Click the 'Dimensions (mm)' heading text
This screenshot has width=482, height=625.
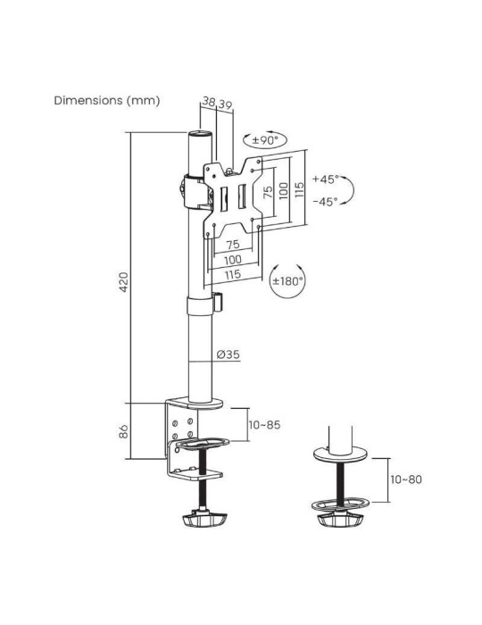[106, 100]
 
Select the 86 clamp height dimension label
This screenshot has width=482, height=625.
[125, 431]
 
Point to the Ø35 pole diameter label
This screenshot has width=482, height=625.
[229, 355]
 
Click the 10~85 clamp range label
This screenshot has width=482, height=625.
[265, 425]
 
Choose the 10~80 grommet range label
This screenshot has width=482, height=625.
[406, 479]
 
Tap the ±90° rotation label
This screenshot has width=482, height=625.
[264, 140]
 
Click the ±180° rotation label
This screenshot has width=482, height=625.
[287, 280]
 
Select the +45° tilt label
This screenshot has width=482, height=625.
[325, 179]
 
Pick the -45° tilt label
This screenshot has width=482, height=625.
[325, 202]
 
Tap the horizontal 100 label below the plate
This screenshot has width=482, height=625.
[232, 260]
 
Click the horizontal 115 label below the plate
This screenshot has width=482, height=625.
[232, 275]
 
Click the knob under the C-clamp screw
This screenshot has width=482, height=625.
[204, 518]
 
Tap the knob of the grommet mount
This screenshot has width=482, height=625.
[339, 518]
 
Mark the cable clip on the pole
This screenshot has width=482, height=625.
[218, 300]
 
